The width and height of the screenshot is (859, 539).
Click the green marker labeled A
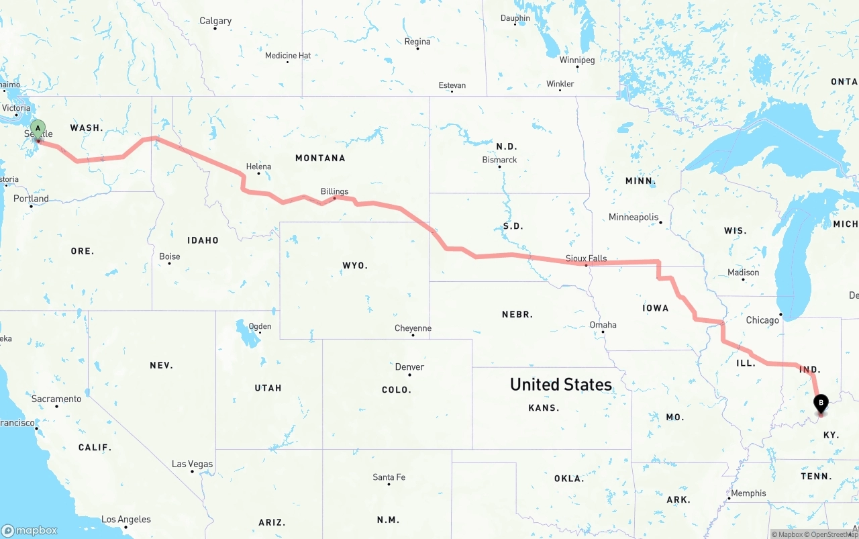point(38,128)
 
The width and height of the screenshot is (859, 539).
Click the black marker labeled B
point(820,403)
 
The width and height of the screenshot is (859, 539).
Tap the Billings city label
point(334,191)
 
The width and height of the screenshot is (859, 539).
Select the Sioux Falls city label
point(586,258)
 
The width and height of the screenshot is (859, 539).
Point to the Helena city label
point(258,166)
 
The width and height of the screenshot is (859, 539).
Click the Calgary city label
point(215,21)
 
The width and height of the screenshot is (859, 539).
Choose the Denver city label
point(409,366)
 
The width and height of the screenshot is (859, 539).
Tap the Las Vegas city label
point(192,464)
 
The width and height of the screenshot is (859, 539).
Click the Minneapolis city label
point(634,217)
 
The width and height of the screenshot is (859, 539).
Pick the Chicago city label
point(762,320)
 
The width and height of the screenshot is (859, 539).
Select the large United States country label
point(560,384)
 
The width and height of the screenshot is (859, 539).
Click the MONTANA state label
point(320,158)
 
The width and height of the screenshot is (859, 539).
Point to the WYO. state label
point(355,265)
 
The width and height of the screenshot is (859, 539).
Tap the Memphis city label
point(748,493)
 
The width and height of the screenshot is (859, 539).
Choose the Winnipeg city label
point(577,60)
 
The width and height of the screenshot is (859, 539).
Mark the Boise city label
point(170,256)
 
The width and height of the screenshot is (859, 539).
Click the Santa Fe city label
point(389,477)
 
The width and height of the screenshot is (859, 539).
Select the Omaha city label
point(603,325)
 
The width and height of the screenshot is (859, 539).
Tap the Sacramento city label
point(56,399)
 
